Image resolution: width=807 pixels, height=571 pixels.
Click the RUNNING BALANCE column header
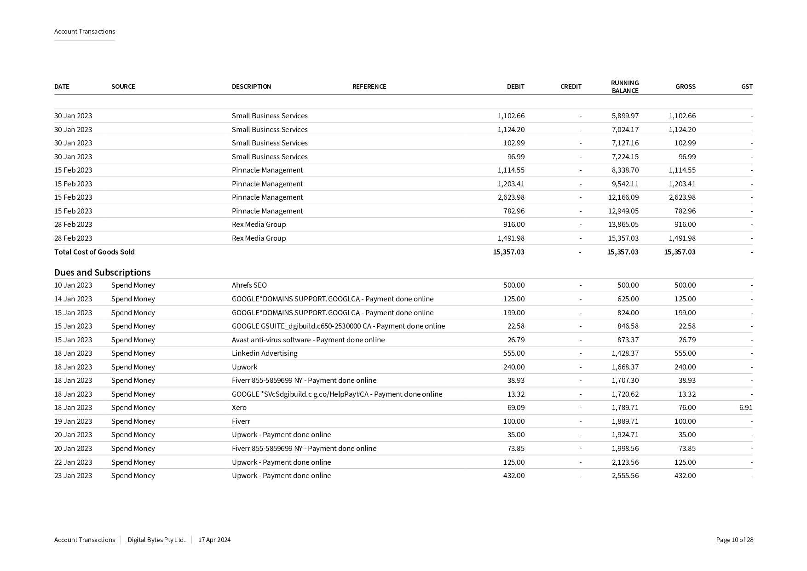click(x=624, y=87)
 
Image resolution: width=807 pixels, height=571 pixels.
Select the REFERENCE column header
click(x=369, y=87)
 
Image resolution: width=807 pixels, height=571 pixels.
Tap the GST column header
click(x=746, y=87)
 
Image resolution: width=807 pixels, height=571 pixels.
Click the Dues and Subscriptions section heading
click(x=103, y=272)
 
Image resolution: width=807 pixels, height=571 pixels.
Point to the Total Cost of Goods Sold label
click(x=94, y=252)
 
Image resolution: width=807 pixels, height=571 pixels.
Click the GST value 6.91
click(x=745, y=408)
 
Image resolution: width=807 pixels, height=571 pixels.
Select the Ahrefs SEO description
click(x=249, y=285)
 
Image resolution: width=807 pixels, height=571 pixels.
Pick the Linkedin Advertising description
click(x=265, y=353)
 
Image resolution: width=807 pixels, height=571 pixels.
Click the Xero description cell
click(x=239, y=408)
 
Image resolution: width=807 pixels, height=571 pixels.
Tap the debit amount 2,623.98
click(x=511, y=197)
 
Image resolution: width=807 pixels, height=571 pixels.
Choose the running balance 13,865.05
click(x=623, y=225)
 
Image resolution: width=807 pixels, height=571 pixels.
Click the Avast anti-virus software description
click(x=308, y=340)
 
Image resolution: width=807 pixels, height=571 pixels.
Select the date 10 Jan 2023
click(x=73, y=285)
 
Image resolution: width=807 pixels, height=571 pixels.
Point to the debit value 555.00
click(x=513, y=353)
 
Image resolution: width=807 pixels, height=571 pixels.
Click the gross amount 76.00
click(x=685, y=408)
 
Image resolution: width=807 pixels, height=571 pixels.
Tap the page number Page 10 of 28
click(x=734, y=540)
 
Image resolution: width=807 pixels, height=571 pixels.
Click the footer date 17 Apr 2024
click(x=214, y=540)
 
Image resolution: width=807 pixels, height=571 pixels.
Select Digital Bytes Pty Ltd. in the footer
click(x=156, y=540)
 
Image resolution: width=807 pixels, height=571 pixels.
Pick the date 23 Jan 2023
click(x=73, y=476)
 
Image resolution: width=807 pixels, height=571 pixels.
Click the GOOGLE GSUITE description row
click(x=338, y=326)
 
